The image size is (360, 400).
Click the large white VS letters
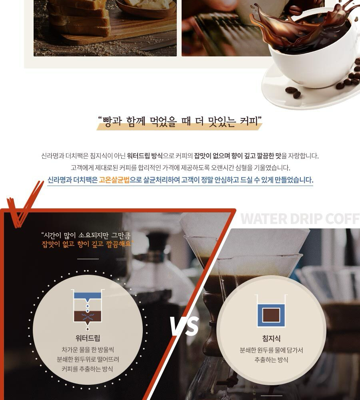184,326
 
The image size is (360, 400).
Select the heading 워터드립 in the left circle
88,338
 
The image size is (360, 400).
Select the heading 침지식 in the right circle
271,338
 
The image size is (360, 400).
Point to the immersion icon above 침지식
271,311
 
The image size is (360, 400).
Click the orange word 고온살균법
114,180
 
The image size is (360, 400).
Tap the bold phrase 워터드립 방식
145,156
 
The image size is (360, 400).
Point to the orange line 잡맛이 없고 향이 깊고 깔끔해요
86,244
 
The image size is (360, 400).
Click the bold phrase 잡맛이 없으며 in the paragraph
212,156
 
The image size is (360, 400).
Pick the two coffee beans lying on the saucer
293,92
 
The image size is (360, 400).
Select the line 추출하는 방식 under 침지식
271,360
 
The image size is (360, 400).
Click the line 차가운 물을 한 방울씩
88,350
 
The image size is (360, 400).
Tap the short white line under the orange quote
88,259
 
